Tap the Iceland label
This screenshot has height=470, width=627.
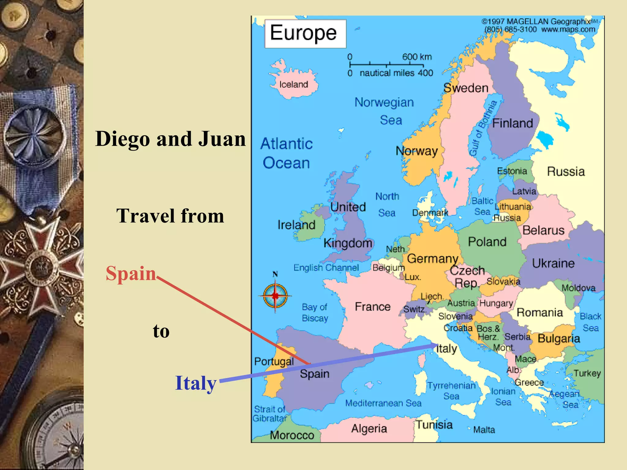[x=293, y=84]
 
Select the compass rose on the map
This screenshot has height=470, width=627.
[x=275, y=296]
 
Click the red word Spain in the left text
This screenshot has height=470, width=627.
[x=131, y=273]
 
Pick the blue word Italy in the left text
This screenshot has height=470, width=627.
[x=196, y=383]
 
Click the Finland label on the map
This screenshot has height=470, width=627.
[x=512, y=123]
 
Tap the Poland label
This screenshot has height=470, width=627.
[x=487, y=242]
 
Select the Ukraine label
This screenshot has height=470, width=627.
[x=553, y=263]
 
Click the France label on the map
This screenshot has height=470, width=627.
[x=373, y=307]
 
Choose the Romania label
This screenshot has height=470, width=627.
[x=540, y=312]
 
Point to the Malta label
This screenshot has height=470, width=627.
[x=484, y=430]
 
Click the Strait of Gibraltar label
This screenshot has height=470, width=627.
[x=269, y=414]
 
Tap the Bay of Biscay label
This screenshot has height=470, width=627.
[x=315, y=312]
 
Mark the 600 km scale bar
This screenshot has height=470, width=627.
[x=386, y=65]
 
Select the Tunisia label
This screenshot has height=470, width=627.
[x=434, y=425]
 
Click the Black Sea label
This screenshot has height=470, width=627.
[x=591, y=322]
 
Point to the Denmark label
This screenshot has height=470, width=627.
[x=430, y=213]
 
